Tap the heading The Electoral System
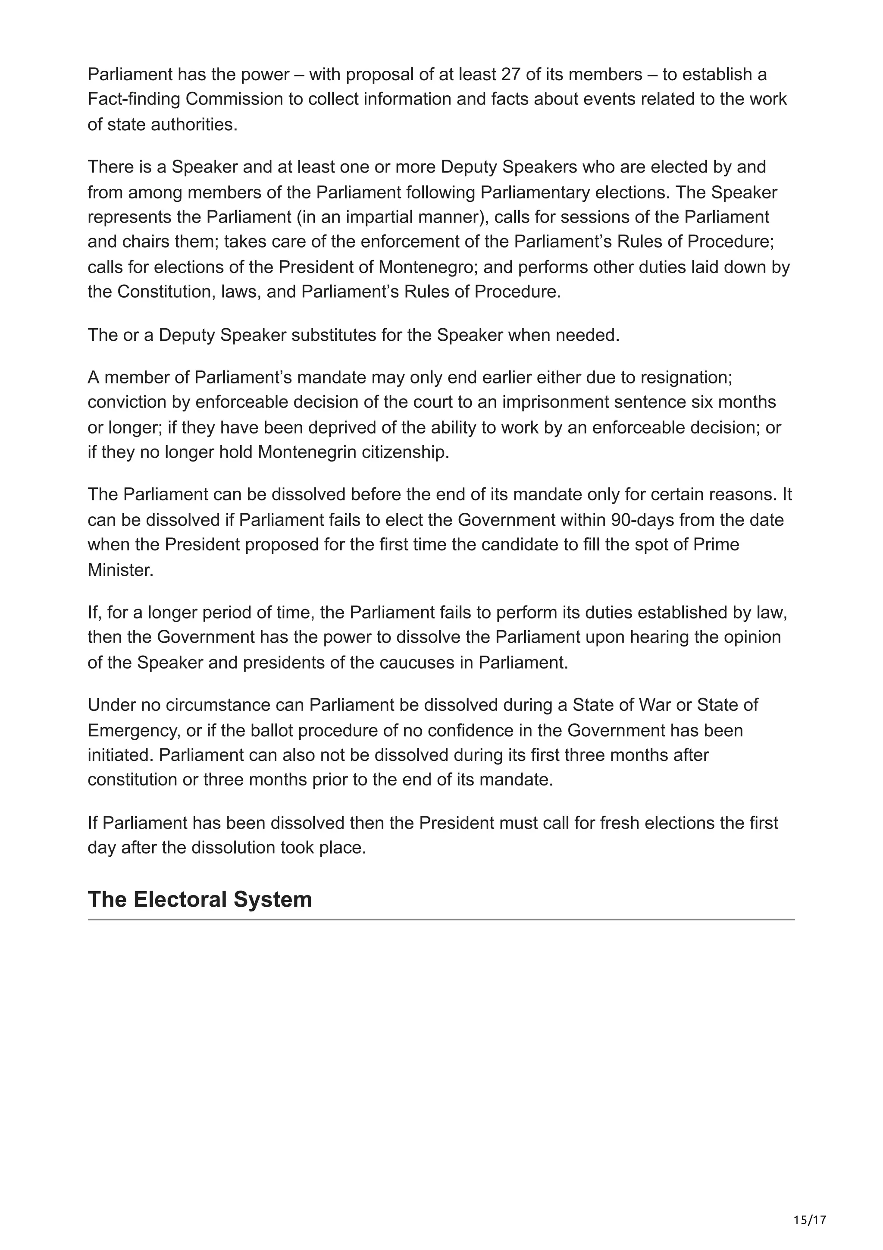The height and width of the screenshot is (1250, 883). pos(200,899)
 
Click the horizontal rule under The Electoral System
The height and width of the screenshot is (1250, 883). pos(441,920)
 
